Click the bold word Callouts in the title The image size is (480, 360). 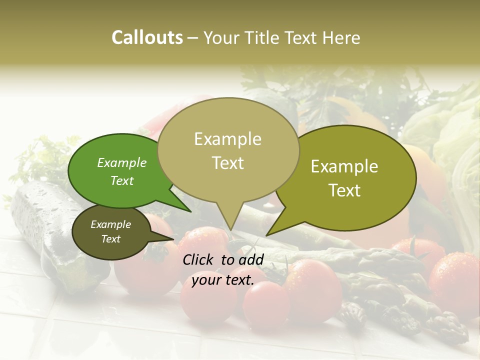147,37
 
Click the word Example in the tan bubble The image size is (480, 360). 227,139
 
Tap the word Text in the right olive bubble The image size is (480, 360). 344,190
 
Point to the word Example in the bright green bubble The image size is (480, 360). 121,162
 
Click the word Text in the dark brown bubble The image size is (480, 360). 110,239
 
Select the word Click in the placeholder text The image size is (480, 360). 199,259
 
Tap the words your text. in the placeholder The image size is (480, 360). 223,280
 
